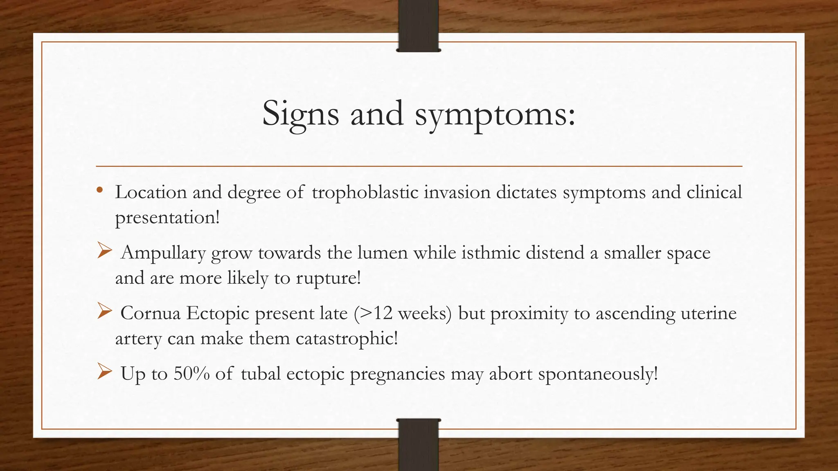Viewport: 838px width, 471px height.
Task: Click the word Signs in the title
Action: tap(300, 114)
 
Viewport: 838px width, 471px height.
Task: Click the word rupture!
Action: tap(328, 278)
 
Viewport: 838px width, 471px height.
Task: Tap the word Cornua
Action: tap(150, 314)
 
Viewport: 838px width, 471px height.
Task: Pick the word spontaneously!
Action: tap(598, 374)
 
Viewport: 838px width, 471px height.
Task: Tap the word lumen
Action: tap(382, 253)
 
